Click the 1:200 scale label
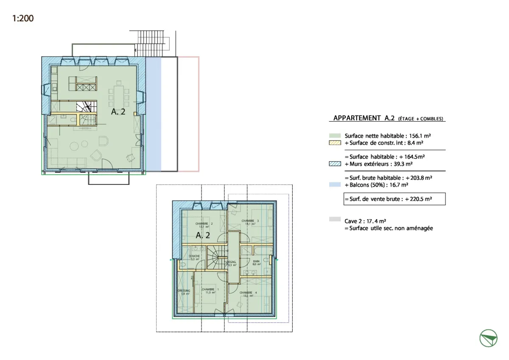[x=23, y=18]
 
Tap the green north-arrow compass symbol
[x=488, y=338]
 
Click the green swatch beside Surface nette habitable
[x=335, y=136]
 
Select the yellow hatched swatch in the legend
[x=335, y=143]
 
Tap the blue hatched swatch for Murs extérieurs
[x=335, y=164]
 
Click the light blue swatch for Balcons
[x=335, y=185]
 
